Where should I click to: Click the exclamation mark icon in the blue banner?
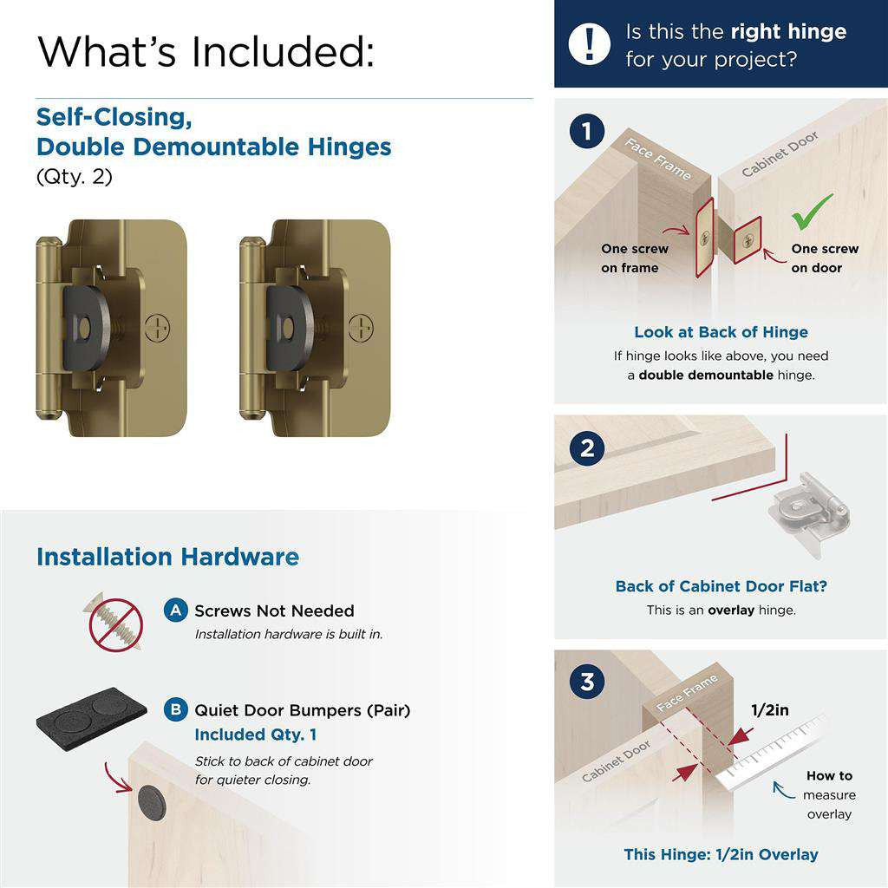590,42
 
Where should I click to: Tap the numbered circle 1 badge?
587,132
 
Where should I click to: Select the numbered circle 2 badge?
587,448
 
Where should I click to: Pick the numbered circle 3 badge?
587,682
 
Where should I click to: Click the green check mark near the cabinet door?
812,211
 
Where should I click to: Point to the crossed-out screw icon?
115,623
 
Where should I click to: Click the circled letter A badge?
175,610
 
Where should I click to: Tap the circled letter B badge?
175,710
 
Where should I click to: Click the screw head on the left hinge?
157,328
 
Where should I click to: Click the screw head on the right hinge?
361,328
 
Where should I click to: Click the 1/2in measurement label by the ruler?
769,710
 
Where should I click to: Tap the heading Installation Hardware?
167,557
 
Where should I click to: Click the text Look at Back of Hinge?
721,332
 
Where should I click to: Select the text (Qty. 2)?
74,177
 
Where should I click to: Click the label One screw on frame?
635,258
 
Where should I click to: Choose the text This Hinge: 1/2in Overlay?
721,854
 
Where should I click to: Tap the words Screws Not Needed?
274,610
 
